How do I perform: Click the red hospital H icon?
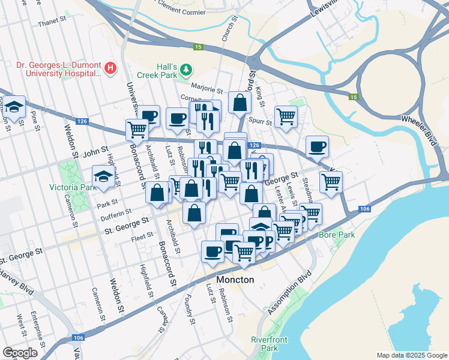point(110,68)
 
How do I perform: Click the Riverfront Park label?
point(269,344)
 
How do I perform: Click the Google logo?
point(20,353)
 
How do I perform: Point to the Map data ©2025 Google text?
point(411,355)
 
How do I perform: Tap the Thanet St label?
point(51,22)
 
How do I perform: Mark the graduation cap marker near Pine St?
point(15,107)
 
